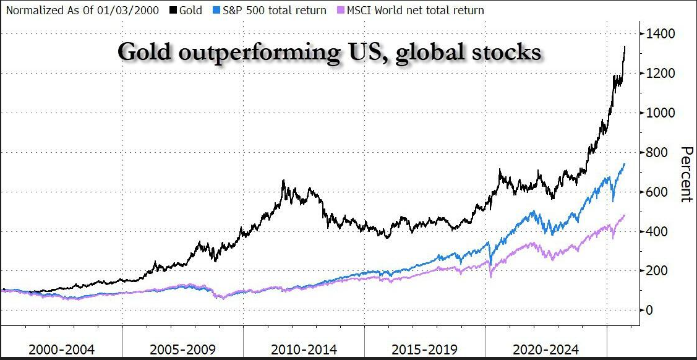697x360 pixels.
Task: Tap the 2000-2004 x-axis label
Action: pos(62,349)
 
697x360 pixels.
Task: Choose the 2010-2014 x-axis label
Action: pos(304,349)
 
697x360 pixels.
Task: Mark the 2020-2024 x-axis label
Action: pos(546,349)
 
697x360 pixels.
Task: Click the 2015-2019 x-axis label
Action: pos(425,349)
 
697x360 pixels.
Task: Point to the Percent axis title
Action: pos(684,174)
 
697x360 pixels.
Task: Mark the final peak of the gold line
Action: pos(625,46)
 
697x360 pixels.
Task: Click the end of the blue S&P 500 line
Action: pos(625,164)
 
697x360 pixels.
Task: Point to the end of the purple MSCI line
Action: pos(625,215)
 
